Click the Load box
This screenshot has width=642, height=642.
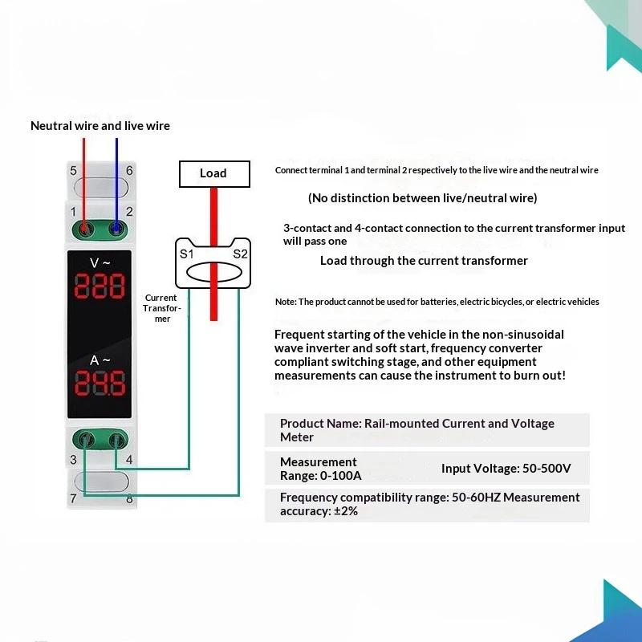pos(214,174)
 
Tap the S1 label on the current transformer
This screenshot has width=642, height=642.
pos(187,254)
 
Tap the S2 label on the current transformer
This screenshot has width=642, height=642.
pos(240,254)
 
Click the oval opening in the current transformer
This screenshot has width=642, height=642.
pos(214,273)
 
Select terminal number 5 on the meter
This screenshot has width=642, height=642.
pos(73,170)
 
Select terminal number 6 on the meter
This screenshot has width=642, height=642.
pos(129,170)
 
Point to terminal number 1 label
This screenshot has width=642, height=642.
pos(73,212)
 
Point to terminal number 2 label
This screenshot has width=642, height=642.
pos(129,212)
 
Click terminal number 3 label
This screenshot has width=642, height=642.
pos(73,460)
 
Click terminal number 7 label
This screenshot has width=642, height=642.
pos(73,498)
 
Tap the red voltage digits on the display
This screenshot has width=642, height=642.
pos(100,286)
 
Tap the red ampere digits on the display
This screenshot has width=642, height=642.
pos(100,384)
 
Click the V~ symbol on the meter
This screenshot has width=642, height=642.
pos(100,263)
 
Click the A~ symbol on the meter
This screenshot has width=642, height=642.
pos(100,360)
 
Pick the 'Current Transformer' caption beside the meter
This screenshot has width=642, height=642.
pos(161,308)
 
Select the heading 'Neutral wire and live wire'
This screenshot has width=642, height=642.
pos(100,126)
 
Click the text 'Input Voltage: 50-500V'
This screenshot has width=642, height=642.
pos(506,469)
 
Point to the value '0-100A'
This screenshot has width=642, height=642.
pos(341,476)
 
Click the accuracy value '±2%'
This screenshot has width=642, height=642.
pos(346,511)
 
